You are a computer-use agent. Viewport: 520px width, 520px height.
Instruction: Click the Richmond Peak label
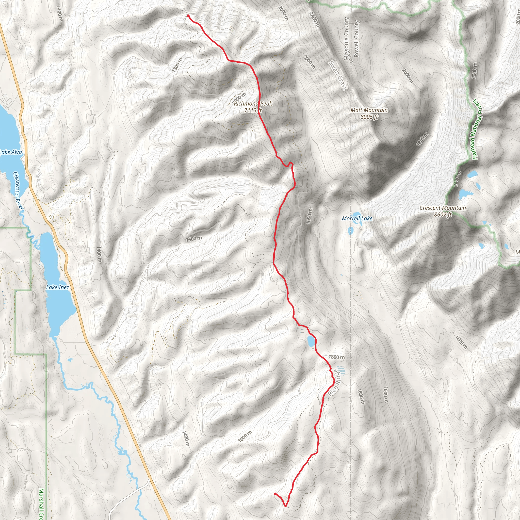(253, 104)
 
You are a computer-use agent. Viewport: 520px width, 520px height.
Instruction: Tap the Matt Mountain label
(369, 110)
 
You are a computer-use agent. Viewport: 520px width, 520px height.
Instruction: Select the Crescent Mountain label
(443, 208)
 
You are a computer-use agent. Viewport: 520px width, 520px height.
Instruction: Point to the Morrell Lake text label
(357, 219)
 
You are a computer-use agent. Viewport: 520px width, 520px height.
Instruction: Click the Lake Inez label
(58, 287)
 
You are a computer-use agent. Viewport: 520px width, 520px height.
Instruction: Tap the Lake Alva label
(11, 152)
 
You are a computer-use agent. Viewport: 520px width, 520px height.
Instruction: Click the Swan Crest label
(338, 75)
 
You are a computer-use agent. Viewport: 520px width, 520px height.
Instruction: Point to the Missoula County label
(346, 39)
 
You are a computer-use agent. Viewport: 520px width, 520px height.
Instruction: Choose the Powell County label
(356, 39)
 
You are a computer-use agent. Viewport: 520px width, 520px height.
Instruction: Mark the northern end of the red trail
(188, 15)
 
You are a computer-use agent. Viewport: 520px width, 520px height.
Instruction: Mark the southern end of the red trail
(275, 494)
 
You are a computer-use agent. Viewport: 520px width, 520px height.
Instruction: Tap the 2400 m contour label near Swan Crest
(314, 20)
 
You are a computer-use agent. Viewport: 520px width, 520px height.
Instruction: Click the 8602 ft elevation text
(443, 215)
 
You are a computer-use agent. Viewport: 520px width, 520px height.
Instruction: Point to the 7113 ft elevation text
(253, 110)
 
